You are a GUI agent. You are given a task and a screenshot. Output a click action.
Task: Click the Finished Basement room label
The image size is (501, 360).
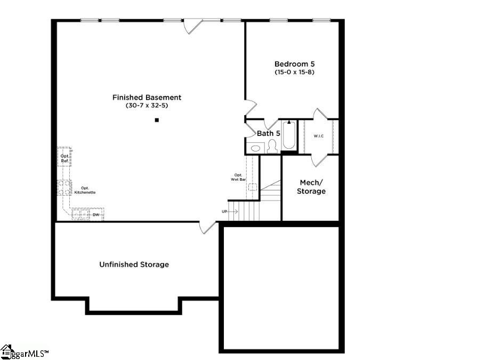[147, 98]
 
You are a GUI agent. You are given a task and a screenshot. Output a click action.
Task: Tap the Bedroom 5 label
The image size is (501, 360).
[294, 63]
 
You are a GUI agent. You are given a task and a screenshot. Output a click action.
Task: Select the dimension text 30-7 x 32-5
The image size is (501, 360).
[147, 106]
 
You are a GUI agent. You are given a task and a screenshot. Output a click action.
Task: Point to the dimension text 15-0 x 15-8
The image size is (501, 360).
[294, 72]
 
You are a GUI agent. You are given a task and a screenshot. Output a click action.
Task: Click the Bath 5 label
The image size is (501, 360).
[269, 133]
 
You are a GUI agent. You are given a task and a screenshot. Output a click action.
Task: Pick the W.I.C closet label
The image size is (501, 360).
[319, 137]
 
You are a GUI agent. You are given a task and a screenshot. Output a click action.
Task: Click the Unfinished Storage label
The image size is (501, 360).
[134, 265]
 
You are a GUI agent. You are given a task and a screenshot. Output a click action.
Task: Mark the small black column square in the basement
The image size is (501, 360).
[157, 121]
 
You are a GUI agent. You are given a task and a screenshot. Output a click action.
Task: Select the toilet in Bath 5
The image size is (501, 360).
[273, 146]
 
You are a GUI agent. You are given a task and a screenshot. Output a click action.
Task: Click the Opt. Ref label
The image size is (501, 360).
[64, 158]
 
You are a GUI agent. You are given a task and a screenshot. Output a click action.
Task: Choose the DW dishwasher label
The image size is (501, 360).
[96, 215]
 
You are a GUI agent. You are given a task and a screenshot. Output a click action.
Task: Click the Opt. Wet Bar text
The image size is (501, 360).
[238, 178]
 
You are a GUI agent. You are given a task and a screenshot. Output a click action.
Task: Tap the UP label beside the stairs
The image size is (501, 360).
[225, 212]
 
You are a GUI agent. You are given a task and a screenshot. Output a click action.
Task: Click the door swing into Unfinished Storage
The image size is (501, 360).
[208, 227]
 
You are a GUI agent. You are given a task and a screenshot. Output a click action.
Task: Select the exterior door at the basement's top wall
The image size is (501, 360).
[192, 26]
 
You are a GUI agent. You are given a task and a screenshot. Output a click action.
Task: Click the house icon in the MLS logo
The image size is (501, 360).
[6, 351]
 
